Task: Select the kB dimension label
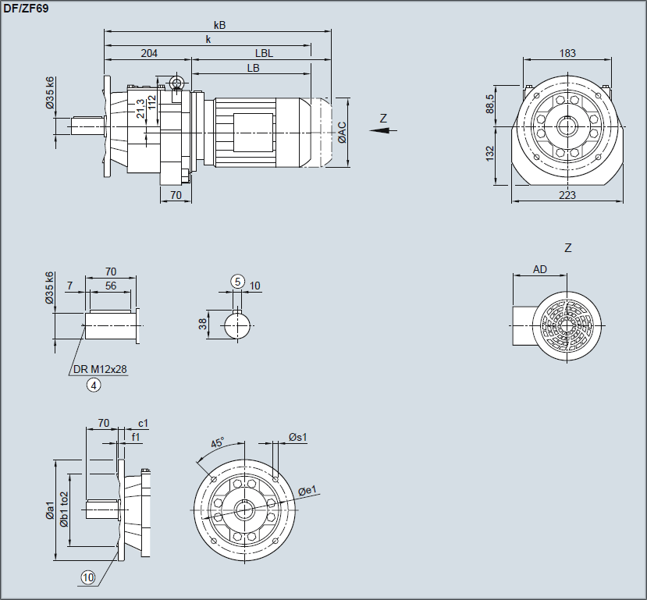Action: (x=219, y=25)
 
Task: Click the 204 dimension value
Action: (x=149, y=54)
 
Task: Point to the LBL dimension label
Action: (x=264, y=54)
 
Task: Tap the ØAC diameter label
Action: (x=342, y=133)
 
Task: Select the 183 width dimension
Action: (x=567, y=53)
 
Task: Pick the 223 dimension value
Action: (x=567, y=195)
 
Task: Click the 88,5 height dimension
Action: (x=489, y=105)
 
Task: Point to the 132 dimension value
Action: (x=489, y=154)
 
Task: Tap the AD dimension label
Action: (x=539, y=269)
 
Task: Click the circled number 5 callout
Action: (x=238, y=281)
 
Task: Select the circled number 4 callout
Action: (x=94, y=384)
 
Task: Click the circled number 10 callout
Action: (x=87, y=577)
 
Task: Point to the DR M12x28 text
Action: (x=100, y=370)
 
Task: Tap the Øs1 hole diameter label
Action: (x=297, y=438)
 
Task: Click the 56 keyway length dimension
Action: (x=110, y=286)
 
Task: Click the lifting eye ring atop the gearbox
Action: (x=177, y=83)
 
